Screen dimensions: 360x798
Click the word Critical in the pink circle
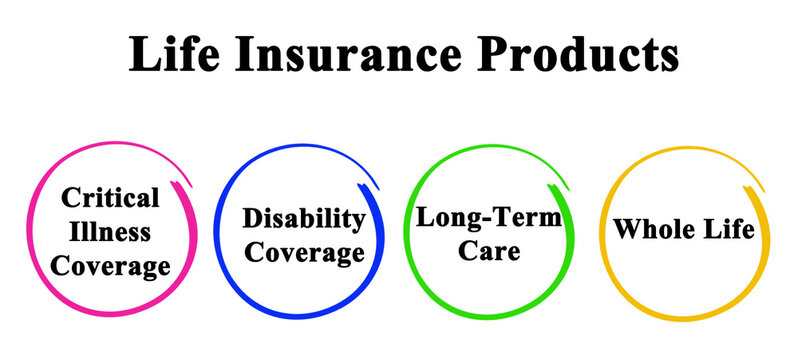[x=111, y=199]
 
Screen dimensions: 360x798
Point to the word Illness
[x=111, y=232]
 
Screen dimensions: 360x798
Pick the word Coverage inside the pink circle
[x=111, y=266]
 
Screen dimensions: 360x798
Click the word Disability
[x=303, y=219]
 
